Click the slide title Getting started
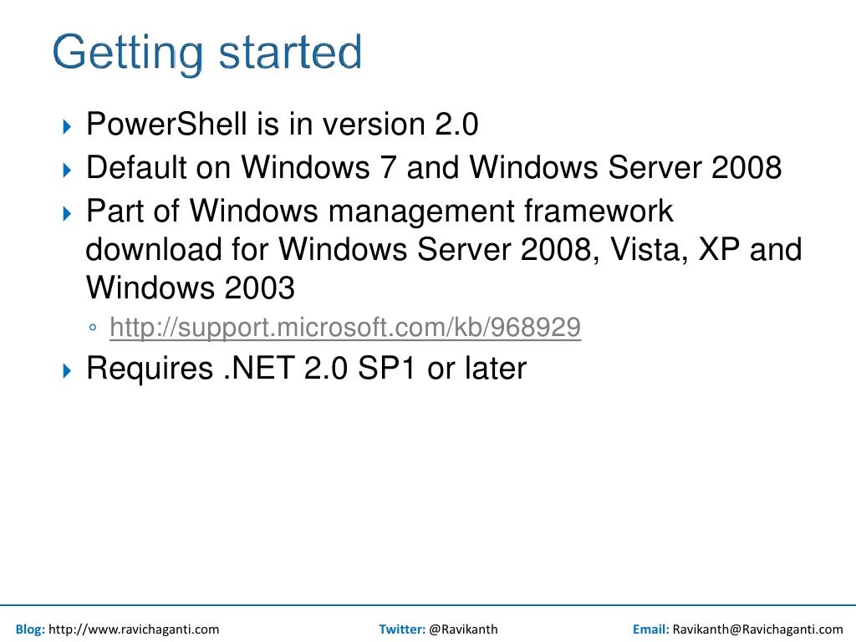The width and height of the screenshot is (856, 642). [206, 53]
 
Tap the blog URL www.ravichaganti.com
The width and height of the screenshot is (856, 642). [134, 629]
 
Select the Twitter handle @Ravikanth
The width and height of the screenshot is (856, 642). [463, 629]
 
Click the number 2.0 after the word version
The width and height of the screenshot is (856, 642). [456, 125]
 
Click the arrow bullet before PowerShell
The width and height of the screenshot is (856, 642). [69, 128]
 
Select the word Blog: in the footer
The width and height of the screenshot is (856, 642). [30, 629]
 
